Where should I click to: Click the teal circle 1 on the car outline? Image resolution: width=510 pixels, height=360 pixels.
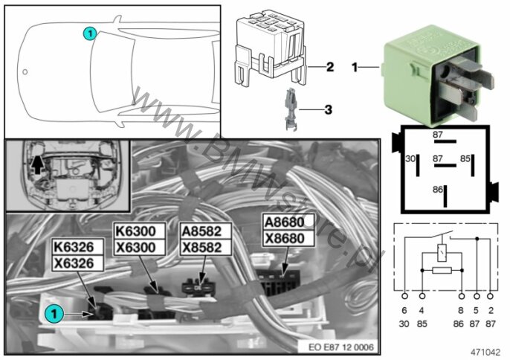[x=89, y=33]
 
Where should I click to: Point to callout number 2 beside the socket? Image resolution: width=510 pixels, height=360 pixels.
[x=329, y=67]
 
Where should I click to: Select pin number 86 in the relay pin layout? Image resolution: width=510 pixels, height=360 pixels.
[x=438, y=190]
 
